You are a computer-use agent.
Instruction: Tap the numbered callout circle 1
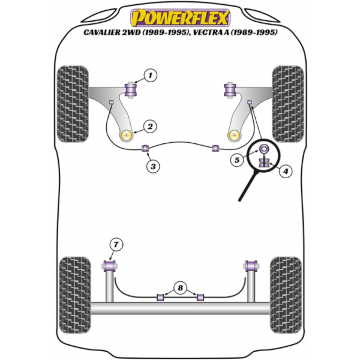150,75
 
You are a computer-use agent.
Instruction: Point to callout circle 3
154,166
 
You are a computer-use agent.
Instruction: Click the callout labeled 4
286,171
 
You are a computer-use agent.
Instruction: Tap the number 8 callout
179,287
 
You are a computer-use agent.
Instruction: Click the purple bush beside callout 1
131,89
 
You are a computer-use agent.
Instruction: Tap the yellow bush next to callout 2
127,134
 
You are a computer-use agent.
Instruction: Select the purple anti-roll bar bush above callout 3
145,149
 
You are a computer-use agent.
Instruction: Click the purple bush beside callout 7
110,265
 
